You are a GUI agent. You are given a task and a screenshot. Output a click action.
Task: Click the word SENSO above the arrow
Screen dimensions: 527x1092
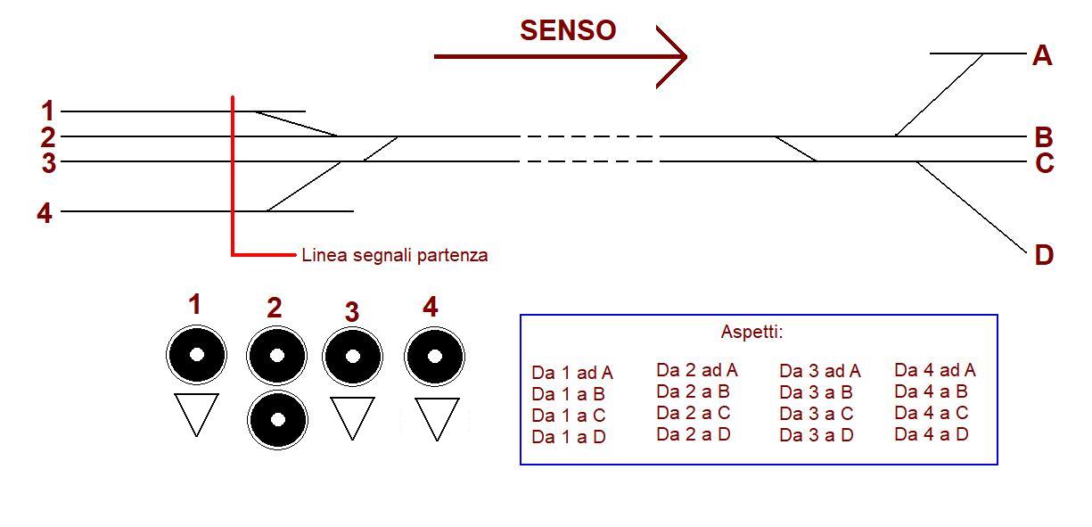point(568,30)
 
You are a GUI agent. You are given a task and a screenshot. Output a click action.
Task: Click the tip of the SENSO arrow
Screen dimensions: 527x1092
point(686,57)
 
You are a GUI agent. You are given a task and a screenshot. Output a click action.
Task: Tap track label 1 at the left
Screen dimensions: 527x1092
point(47,111)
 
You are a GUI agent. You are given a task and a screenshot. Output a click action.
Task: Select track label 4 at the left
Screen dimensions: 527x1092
point(44,213)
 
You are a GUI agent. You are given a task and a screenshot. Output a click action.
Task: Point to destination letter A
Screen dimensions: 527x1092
point(1042,56)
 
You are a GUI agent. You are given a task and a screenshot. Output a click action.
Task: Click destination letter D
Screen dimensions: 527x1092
point(1044,256)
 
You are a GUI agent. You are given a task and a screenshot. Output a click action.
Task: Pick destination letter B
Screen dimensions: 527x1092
point(1044,138)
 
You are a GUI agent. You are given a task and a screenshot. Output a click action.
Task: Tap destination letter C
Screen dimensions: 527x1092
point(1044,164)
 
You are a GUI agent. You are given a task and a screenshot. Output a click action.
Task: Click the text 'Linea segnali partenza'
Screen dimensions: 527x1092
point(395,255)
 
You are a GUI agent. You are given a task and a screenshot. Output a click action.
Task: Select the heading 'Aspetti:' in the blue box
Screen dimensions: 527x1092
point(751,333)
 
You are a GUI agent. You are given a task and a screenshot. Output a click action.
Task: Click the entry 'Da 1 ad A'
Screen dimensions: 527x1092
point(572,373)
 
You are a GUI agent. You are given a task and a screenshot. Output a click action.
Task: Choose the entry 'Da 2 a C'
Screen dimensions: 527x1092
point(694,413)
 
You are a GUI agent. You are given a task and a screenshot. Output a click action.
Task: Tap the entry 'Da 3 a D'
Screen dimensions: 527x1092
point(817,435)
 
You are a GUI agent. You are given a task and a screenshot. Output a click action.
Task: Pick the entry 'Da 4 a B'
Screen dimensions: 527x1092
point(932,391)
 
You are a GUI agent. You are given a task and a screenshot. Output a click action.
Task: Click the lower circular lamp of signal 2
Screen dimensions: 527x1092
point(277,420)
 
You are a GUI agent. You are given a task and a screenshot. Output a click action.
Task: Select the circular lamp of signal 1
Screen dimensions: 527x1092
point(197,355)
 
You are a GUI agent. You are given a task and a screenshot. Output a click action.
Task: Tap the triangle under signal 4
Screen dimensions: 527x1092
point(437,417)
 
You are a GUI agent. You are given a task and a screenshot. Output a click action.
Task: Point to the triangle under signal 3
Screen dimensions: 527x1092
point(352,416)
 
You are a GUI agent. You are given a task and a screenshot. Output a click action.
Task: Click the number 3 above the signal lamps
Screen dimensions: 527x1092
point(352,312)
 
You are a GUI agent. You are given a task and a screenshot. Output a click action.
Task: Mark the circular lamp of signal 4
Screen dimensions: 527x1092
point(434,356)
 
